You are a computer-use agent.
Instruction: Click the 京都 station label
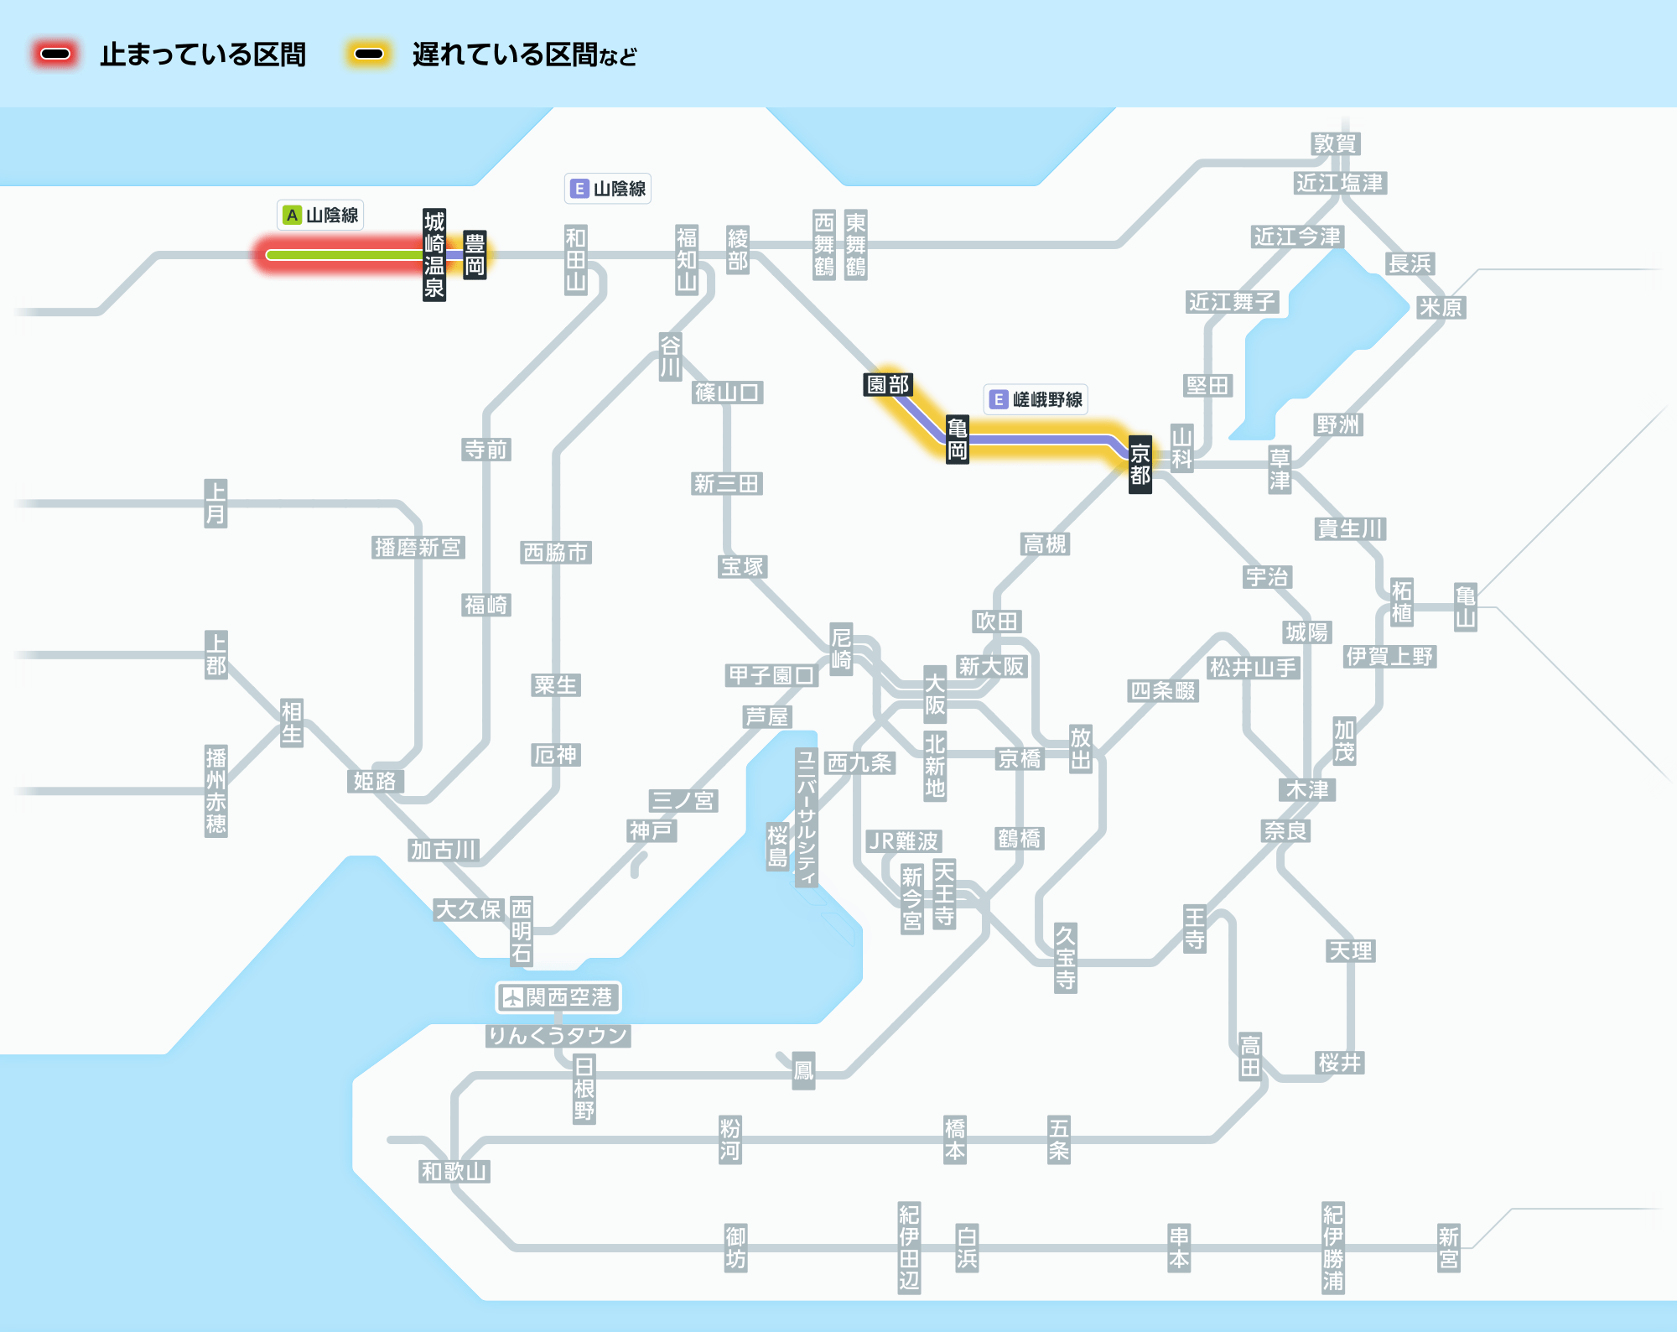pyautogui.click(x=1140, y=465)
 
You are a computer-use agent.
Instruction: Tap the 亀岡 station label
pyautogui.click(x=957, y=440)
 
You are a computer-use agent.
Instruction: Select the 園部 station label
pyautogui.click(x=888, y=385)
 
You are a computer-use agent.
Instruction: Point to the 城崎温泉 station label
pyautogui.click(x=434, y=255)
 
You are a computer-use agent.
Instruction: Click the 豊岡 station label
pyautogui.click(x=475, y=255)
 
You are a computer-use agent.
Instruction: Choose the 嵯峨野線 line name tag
pyautogui.click(x=1036, y=399)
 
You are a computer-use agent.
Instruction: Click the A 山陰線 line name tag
pyautogui.click(x=321, y=216)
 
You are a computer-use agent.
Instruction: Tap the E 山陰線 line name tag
pyautogui.click(x=608, y=189)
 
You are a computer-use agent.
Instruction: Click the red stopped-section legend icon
pyautogui.click(x=55, y=55)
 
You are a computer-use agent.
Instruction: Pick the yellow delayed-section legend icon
pyautogui.click(x=369, y=55)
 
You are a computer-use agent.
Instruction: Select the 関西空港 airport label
pyautogui.click(x=558, y=997)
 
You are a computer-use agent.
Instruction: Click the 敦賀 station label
pyautogui.click(x=1335, y=143)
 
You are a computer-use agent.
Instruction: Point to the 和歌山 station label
pyautogui.click(x=454, y=1171)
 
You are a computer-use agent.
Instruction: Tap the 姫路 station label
pyautogui.click(x=375, y=781)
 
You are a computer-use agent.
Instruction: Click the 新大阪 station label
pyautogui.click(x=992, y=667)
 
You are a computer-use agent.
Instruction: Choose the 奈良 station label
pyautogui.click(x=1285, y=830)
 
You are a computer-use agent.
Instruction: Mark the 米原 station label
pyautogui.click(x=1441, y=307)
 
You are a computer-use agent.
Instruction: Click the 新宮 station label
pyautogui.click(x=1448, y=1247)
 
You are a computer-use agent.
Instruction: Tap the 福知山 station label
pyautogui.click(x=687, y=259)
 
